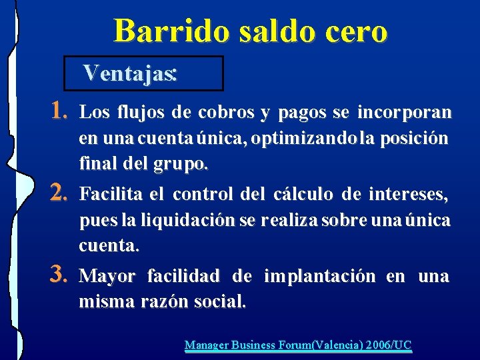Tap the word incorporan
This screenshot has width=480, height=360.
click(404, 113)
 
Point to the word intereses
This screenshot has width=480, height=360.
click(414, 195)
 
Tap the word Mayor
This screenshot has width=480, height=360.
click(107, 276)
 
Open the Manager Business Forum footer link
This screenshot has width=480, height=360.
click(298, 345)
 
